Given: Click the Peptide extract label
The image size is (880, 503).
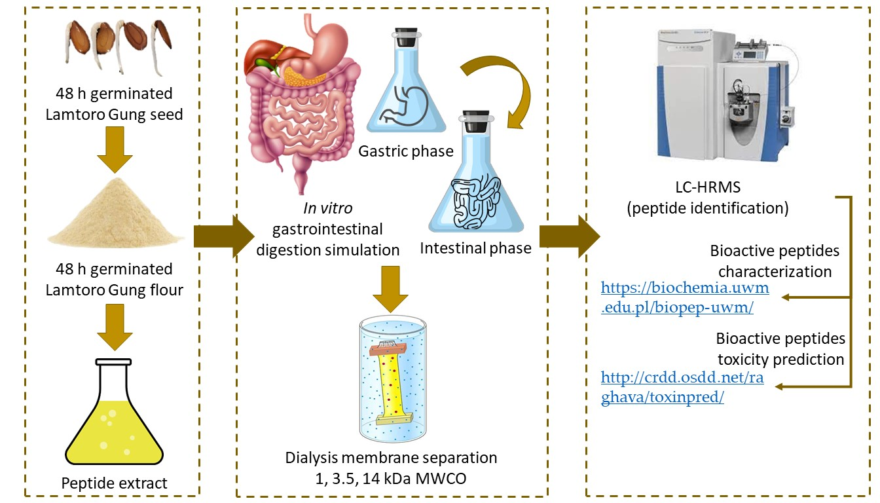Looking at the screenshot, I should [x=114, y=483].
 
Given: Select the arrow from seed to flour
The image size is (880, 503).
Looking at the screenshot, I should [x=114, y=150].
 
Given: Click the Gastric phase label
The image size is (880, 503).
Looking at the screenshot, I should [x=405, y=151].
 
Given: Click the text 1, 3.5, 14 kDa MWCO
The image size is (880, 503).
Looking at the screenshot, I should [x=391, y=476].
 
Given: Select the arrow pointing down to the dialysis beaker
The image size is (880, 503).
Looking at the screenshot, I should [x=391, y=289].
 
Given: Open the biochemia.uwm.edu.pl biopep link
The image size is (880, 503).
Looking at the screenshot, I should [x=684, y=297].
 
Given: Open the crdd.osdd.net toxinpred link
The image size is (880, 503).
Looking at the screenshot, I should [x=682, y=388].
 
